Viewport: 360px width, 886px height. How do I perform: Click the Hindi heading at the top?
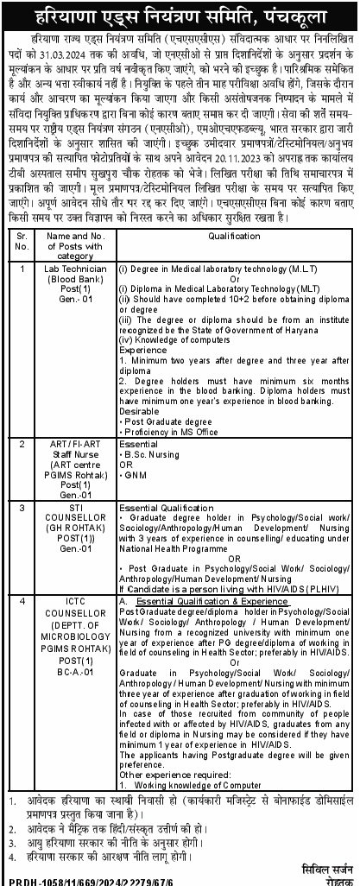(x=180, y=15)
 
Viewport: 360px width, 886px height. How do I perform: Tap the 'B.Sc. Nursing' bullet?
(x=158, y=453)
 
